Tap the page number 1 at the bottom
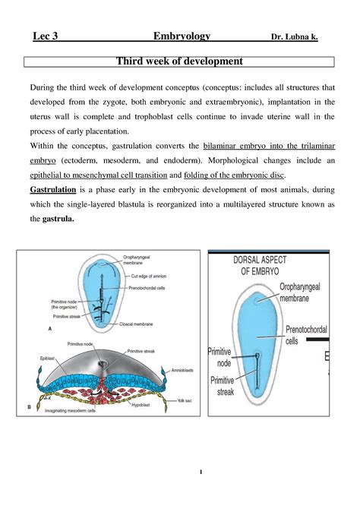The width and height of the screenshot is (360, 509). [201, 474]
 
